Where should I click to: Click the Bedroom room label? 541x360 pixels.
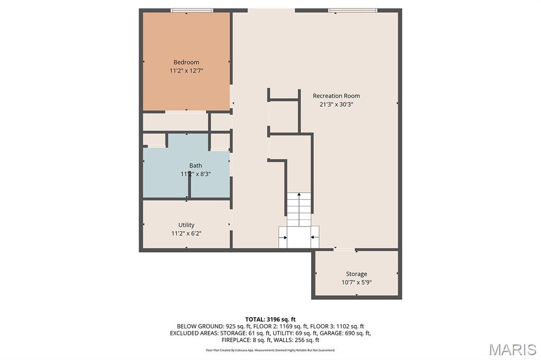click(186, 62)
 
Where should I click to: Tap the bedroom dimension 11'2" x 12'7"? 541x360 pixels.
click(186, 71)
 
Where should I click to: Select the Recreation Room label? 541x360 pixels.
click(337, 96)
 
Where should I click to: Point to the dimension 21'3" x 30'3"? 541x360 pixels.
click(337, 104)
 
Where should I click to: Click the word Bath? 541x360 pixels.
click(195, 166)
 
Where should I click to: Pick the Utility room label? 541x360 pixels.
click(186, 225)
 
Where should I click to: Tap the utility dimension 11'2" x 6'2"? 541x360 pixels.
click(186, 233)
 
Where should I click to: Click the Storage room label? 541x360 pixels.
click(357, 274)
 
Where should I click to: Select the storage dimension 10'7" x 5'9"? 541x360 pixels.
click(357, 282)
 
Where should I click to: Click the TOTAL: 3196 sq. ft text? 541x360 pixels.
click(270, 319)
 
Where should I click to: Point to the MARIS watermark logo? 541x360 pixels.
click(512, 349)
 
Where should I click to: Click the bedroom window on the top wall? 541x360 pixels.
click(192, 11)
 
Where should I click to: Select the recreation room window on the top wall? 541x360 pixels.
click(352, 11)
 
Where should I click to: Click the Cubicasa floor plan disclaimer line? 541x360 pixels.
click(270, 350)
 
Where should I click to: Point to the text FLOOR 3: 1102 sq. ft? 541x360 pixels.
click(337, 326)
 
